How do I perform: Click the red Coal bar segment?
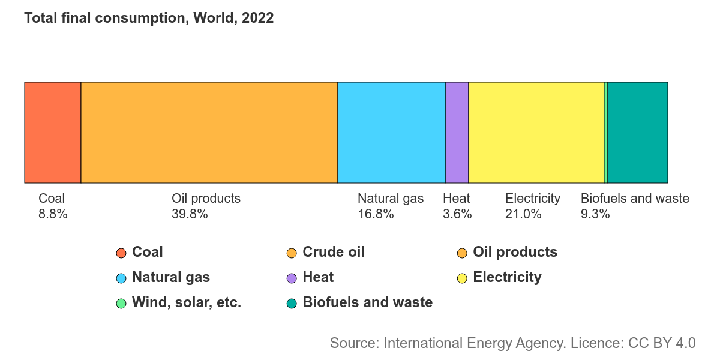click(x=52, y=132)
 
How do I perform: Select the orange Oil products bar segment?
click(x=209, y=132)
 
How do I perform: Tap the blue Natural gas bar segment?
click(x=391, y=132)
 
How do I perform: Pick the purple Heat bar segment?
click(x=457, y=132)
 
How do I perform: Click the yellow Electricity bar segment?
click(x=536, y=132)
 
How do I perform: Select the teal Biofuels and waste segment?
click(x=637, y=132)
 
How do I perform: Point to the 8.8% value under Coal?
click(x=53, y=214)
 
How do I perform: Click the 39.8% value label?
click(x=190, y=214)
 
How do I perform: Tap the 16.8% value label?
click(x=376, y=214)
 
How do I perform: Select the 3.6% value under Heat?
click(x=457, y=214)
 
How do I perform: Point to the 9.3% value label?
click(x=595, y=214)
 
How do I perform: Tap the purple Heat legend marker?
click(x=292, y=278)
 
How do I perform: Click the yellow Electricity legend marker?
click(x=463, y=278)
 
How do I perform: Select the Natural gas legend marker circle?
click(x=121, y=278)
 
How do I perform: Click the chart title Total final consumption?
click(x=149, y=19)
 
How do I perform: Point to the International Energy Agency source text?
click(x=512, y=343)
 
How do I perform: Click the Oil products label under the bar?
click(x=206, y=199)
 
